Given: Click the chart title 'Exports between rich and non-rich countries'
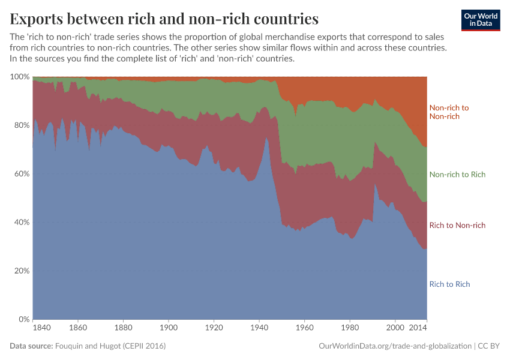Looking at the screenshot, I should pos(164,19).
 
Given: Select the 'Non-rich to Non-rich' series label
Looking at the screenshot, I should pos(449,112).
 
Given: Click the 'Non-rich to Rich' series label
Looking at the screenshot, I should pos(457,175).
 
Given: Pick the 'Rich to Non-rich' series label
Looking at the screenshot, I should pos(457,226).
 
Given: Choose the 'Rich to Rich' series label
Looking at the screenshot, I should pos(449,284).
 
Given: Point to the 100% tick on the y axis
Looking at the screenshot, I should pos(20,77).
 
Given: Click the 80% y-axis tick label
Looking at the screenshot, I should pos(22,125).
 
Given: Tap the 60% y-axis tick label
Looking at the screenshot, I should pos(22,174).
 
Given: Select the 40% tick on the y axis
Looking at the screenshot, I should pos(22,223).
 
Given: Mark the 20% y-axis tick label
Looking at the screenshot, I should pos(22,271).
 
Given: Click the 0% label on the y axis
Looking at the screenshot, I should pos(24,319).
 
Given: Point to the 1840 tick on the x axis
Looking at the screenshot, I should pos(42,329).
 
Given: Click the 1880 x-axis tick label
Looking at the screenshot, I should pos(123,329).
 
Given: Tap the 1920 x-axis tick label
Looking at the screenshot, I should pos(214,329).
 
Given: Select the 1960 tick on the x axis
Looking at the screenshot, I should pos(304,329).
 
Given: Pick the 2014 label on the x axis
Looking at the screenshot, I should pos(418,329).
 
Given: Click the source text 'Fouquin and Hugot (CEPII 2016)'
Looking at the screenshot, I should pos(110,346).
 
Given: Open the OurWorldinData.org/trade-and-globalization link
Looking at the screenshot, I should pos(394,346).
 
